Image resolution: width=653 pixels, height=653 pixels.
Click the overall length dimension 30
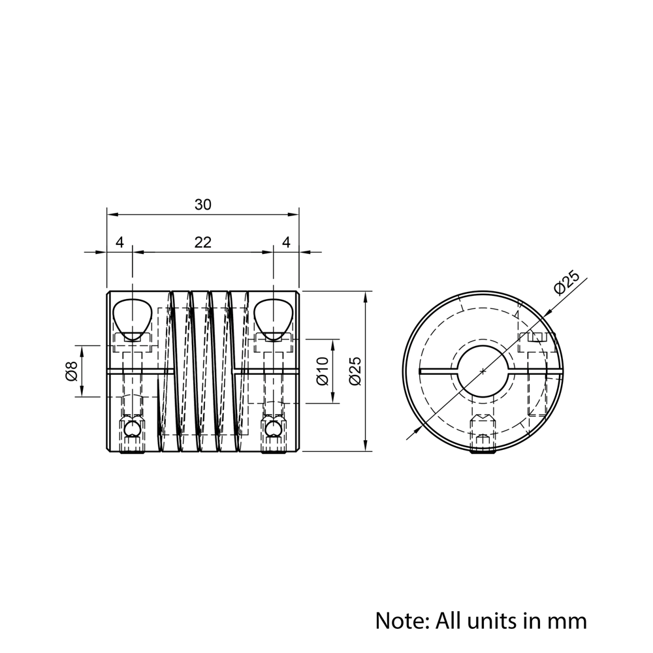(x=203, y=205)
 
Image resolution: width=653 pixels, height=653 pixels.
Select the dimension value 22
(x=203, y=242)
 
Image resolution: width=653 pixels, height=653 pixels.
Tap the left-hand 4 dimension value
(x=119, y=242)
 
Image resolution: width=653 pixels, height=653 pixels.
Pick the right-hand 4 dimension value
(x=286, y=242)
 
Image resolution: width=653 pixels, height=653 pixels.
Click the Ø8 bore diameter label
(x=71, y=371)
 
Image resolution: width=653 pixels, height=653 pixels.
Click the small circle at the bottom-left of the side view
(x=133, y=429)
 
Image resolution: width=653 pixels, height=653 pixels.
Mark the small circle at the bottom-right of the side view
(x=273, y=429)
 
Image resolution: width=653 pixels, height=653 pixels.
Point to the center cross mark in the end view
(x=483, y=371)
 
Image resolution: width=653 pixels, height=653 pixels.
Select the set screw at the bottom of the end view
(x=483, y=436)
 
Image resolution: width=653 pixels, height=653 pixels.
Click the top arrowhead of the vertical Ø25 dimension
(x=364, y=296)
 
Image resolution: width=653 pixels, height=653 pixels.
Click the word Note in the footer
(x=400, y=620)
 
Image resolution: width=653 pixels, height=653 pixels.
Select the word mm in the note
(x=567, y=620)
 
